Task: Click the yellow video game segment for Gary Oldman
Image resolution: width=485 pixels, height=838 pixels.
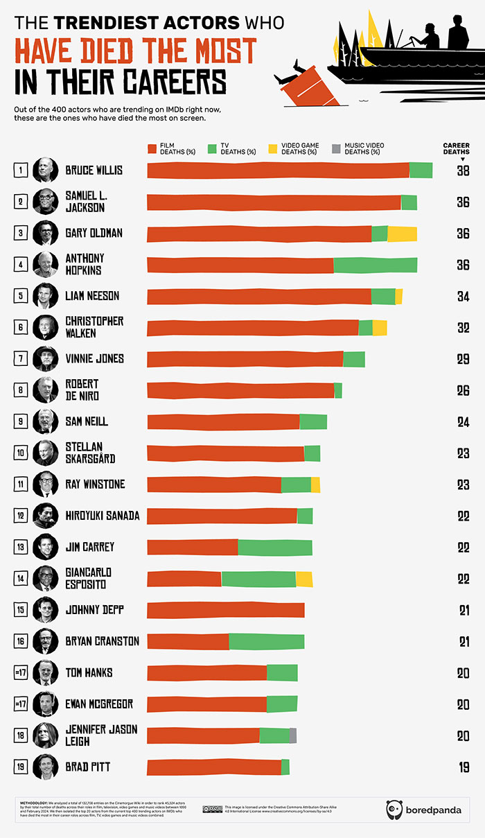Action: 402,234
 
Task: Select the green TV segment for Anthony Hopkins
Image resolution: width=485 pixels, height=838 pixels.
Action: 376,265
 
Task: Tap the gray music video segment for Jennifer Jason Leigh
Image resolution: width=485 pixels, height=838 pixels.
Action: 293,735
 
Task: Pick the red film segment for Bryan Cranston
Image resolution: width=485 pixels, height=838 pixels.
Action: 188,641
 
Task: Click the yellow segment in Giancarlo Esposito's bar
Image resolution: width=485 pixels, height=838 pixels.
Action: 304,579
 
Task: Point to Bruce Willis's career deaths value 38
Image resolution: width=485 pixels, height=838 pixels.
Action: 463,171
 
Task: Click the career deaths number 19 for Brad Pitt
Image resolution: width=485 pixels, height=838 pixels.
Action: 463,767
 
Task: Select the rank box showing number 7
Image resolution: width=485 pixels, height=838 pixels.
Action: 21,359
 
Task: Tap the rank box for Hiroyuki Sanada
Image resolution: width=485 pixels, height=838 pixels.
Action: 21,516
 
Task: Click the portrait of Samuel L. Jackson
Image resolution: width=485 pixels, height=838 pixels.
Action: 45,202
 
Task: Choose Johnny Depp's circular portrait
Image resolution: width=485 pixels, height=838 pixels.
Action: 45,610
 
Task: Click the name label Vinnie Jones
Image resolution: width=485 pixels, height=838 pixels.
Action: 94,359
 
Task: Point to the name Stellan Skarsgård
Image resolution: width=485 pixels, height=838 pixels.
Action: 90,453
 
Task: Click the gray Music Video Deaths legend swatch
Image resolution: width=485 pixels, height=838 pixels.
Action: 337,148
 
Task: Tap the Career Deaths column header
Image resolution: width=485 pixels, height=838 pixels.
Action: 456,149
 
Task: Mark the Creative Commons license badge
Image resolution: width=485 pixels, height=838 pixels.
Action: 211,808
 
